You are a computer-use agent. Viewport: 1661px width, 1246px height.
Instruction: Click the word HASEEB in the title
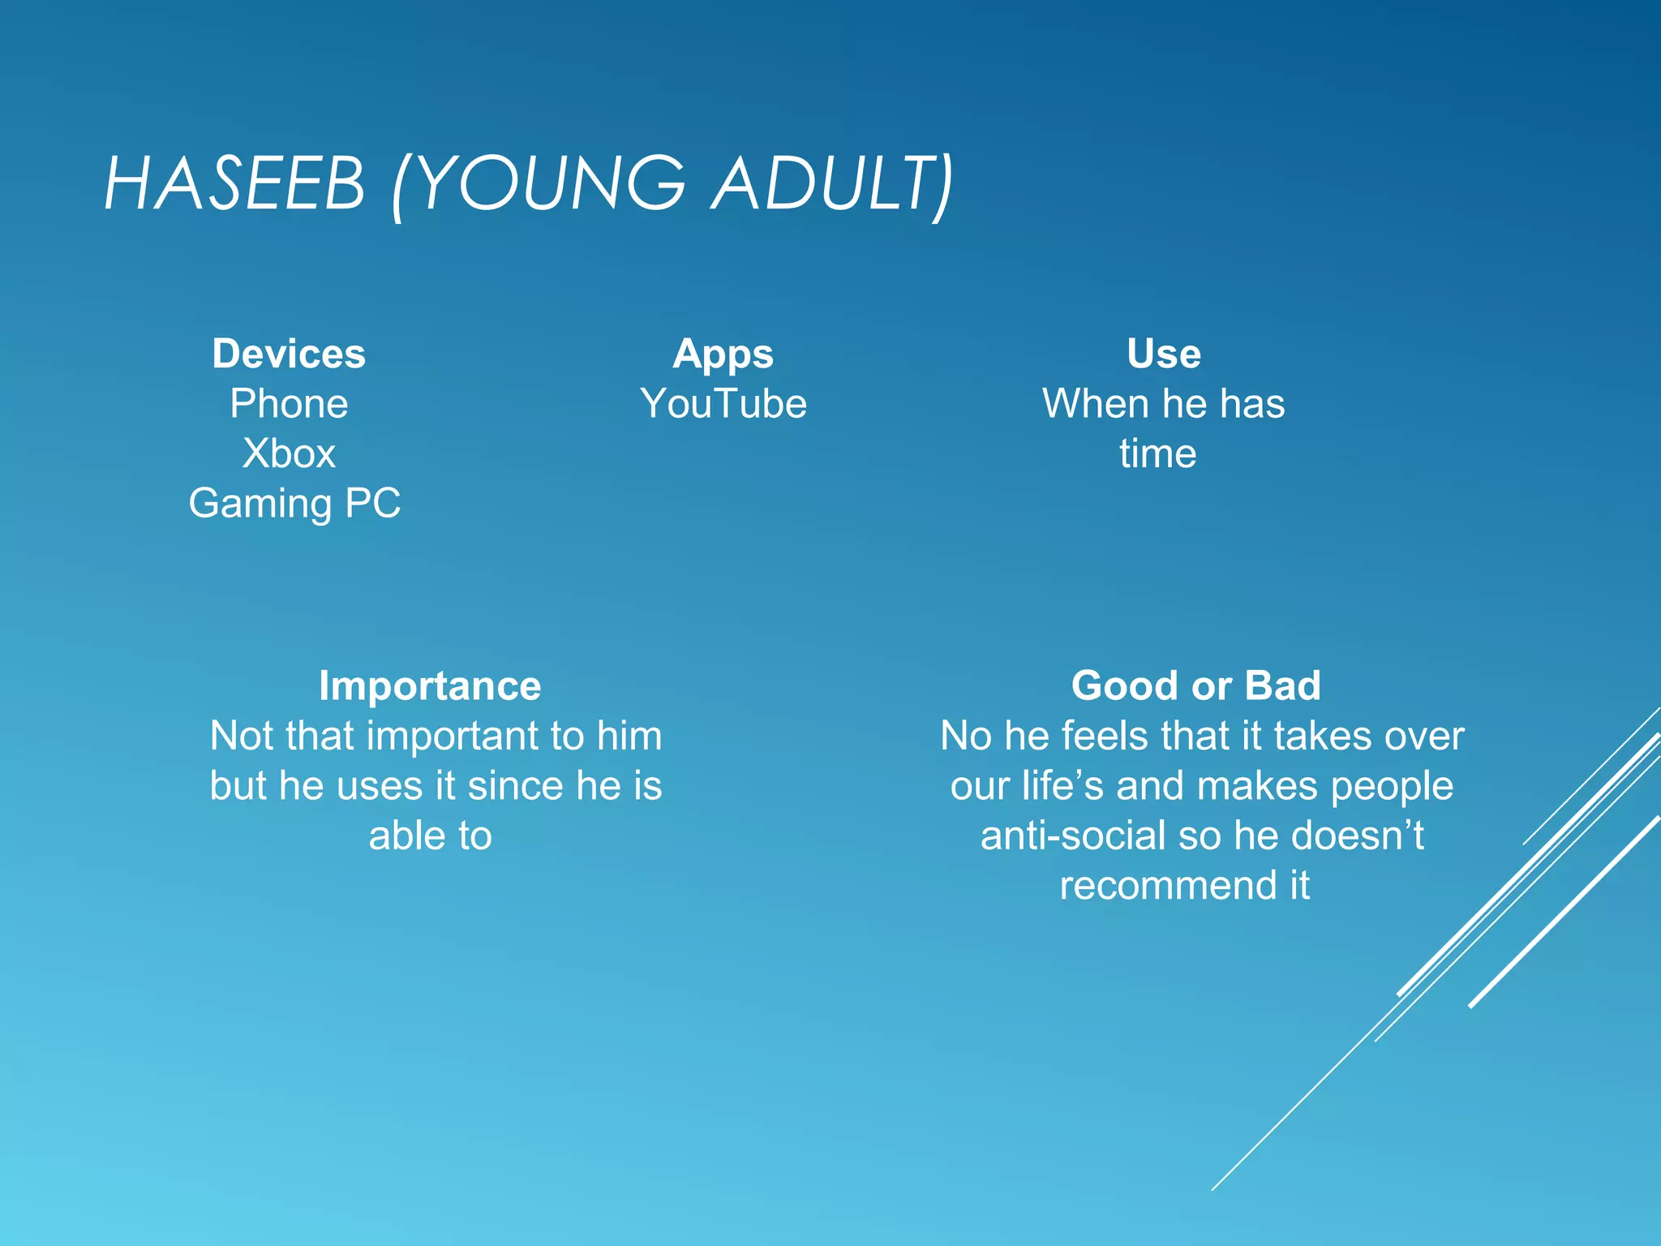tap(234, 184)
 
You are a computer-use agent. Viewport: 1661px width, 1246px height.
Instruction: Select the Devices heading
tap(289, 354)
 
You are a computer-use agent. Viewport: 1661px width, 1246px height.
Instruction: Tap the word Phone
tap(289, 404)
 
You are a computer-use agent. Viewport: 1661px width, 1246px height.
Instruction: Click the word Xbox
tap(289, 453)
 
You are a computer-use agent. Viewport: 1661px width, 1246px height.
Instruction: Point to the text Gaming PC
tap(294, 504)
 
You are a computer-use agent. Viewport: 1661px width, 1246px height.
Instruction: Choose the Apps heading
tap(723, 354)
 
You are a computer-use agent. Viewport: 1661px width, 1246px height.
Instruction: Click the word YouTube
tap(723, 404)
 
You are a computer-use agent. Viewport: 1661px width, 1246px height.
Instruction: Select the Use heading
tap(1163, 354)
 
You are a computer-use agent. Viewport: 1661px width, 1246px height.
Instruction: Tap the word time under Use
tap(1157, 453)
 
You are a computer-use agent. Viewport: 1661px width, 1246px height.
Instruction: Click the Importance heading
tap(430, 686)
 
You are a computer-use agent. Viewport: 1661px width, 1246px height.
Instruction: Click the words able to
tap(430, 836)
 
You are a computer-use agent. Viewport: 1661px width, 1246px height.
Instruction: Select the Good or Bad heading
tap(1195, 686)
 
